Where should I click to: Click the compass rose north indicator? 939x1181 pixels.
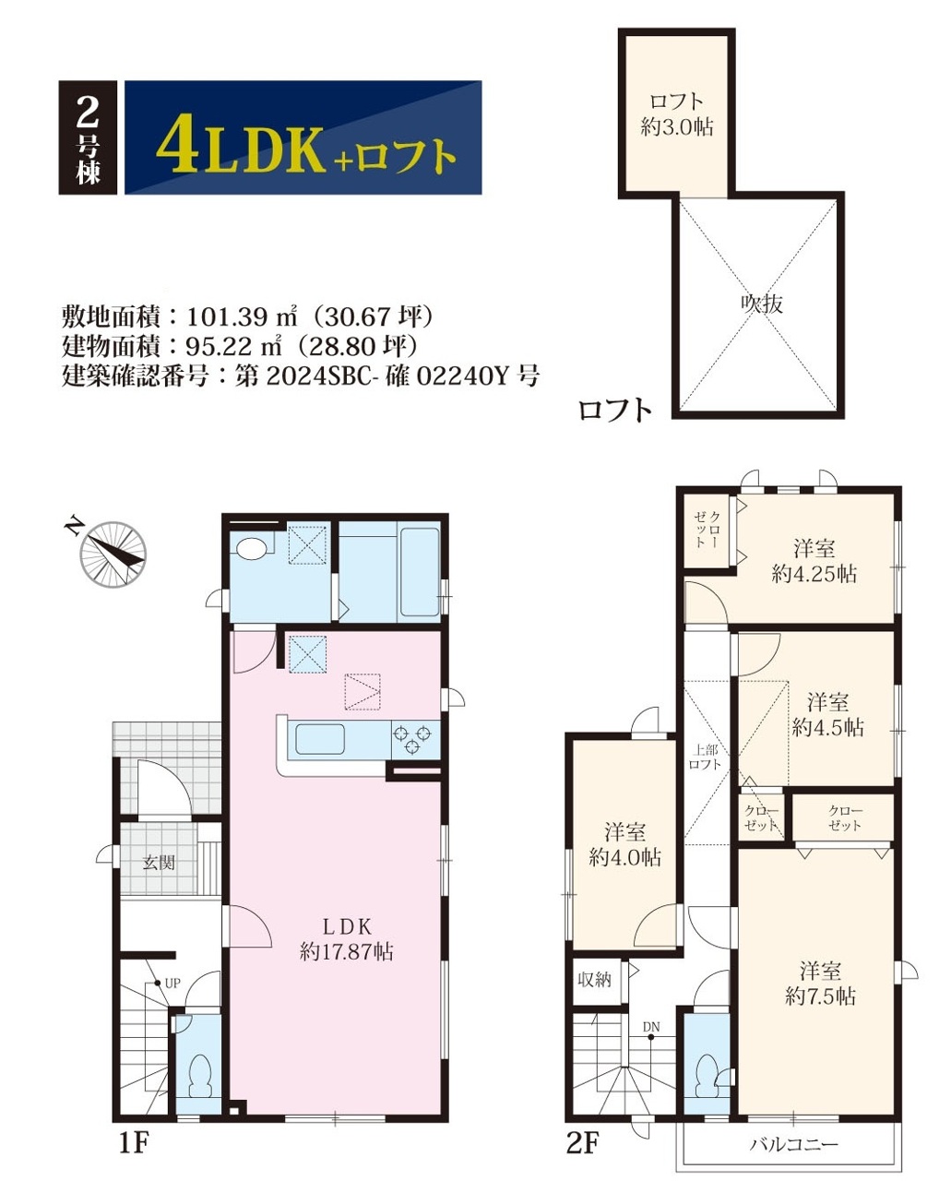click(113, 555)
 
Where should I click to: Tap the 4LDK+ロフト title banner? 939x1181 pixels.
click(303, 137)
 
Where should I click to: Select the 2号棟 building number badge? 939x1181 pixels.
click(88, 137)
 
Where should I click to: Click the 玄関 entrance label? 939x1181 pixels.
click(159, 862)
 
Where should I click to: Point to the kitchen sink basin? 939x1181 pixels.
click(320, 739)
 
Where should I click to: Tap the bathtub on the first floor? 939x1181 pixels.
click(420, 572)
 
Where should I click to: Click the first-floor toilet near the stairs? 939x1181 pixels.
click(200, 1068)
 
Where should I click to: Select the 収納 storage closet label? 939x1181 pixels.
click(594, 980)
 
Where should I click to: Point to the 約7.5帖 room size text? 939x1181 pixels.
click(820, 996)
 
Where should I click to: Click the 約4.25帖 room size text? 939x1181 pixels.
click(814, 574)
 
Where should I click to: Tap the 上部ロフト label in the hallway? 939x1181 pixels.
click(705, 758)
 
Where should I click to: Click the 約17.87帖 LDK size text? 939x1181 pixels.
click(346, 951)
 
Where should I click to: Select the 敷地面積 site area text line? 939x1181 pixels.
click(248, 316)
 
